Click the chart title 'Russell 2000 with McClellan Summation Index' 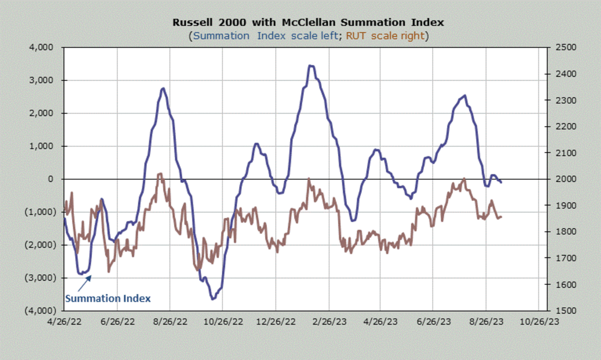pos(308,23)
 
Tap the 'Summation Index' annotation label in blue pos(108,298)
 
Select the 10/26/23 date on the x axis pos(538,321)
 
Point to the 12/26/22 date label pos(275,321)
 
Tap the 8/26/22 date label pos(169,321)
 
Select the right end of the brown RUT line pos(501,216)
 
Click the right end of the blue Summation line pos(501,182)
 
